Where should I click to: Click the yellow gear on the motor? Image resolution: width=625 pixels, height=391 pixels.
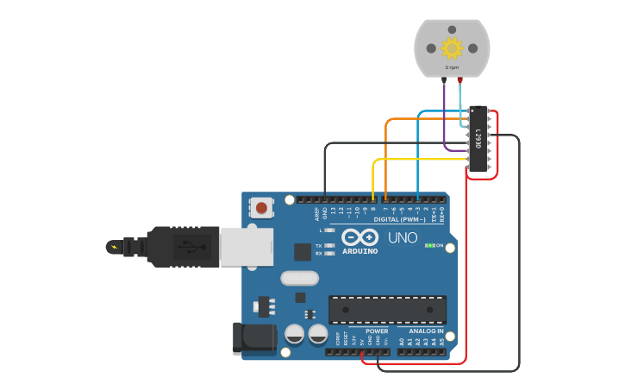452,47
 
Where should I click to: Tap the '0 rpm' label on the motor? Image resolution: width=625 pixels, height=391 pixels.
452,67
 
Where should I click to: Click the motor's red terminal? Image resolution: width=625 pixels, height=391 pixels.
459,79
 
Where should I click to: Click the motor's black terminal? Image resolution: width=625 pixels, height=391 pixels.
444,79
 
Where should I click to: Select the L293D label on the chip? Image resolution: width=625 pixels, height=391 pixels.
478,138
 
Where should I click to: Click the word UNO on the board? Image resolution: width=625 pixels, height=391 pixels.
403,237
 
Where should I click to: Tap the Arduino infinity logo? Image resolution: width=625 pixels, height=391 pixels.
359,237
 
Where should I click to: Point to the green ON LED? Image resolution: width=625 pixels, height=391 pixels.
429,246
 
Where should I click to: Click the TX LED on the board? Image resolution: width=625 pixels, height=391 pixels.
328,245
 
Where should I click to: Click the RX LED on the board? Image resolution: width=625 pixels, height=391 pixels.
328,254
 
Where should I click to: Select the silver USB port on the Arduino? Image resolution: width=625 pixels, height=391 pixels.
246,247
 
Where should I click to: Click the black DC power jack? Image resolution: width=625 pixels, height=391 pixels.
253,338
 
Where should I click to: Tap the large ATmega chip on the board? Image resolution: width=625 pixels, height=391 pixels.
387,310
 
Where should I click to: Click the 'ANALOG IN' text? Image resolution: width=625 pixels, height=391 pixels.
426,331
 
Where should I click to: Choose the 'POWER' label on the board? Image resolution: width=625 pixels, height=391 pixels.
377,331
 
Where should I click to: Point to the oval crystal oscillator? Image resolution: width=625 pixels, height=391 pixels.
299,278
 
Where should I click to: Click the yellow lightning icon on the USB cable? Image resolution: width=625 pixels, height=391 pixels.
114,248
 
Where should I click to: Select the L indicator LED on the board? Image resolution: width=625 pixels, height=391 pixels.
328,230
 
